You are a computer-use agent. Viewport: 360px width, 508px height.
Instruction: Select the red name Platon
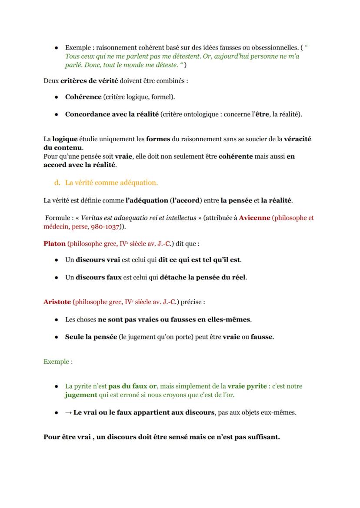[x=54, y=243]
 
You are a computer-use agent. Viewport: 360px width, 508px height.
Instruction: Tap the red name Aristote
[x=57, y=301]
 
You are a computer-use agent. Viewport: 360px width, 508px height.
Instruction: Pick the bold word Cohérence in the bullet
[x=83, y=96]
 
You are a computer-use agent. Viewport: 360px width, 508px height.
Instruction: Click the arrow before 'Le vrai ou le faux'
[x=68, y=412]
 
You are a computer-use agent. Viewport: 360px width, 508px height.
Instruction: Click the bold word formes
[x=158, y=139]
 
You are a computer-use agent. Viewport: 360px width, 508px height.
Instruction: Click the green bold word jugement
[x=81, y=395]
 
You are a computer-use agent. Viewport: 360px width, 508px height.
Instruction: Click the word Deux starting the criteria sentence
[x=51, y=81]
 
